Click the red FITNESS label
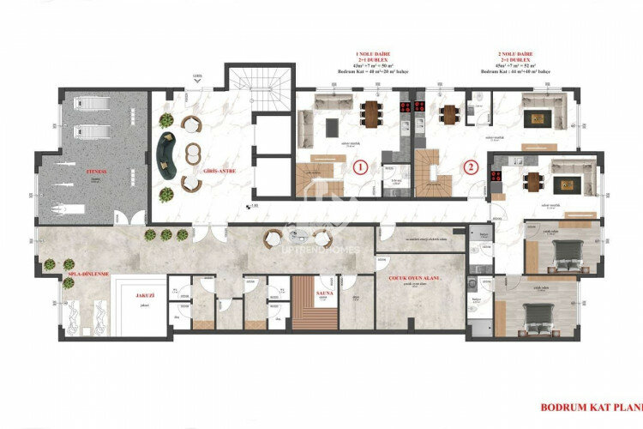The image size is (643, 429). coord(95,172)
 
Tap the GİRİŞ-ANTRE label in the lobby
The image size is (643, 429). coord(217,171)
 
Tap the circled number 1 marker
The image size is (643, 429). coord(361,166)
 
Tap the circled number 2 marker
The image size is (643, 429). coord(470,166)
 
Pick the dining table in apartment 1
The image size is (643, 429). coord(371,112)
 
